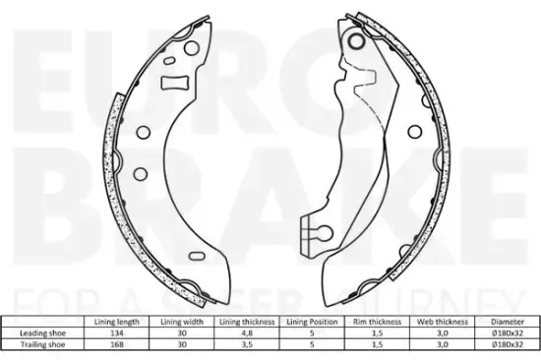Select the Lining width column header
[x=182, y=322]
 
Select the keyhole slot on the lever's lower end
[x=316, y=232]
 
